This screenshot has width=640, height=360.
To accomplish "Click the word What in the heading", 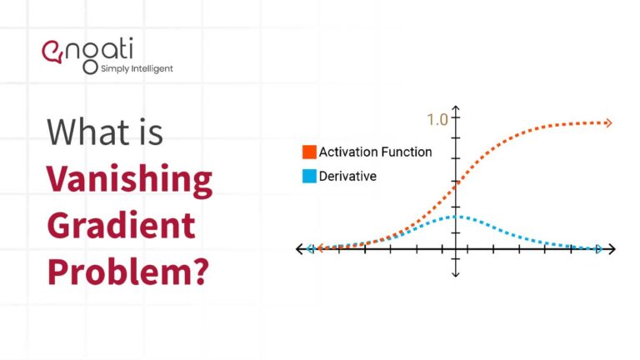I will (x=86, y=132).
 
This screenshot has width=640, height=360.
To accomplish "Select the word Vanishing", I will (x=128, y=178).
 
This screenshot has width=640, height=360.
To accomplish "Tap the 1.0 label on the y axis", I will (x=437, y=120).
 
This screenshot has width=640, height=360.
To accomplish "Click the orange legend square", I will (x=309, y=152).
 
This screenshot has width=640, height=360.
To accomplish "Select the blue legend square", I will (x=309, y=177).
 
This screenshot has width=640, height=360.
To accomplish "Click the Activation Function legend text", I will (x=376, y=152).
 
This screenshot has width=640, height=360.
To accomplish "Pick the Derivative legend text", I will (x=348, y=177).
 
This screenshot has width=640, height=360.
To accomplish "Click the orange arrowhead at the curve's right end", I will (x=609, y=123).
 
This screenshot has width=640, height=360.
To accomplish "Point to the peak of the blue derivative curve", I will (x=456, y=217).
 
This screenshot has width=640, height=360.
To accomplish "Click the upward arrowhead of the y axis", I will (x=456, y=109).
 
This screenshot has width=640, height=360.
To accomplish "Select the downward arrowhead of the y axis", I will (x=456, y=274).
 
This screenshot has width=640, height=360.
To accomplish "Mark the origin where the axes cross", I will (x=456, y=248).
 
